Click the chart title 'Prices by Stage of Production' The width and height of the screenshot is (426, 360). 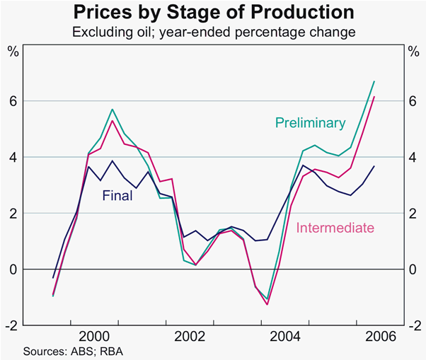point(213,12)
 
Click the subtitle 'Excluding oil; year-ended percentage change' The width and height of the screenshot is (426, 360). point(213,32)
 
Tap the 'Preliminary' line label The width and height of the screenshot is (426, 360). point(311,123)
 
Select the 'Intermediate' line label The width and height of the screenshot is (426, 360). point(335,228)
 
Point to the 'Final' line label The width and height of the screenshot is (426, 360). point(117,196)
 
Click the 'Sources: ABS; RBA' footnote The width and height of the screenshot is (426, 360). point(68,350)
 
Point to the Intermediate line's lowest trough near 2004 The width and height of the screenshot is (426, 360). point(267,305)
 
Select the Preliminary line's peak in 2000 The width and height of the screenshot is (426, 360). point(112,110)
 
